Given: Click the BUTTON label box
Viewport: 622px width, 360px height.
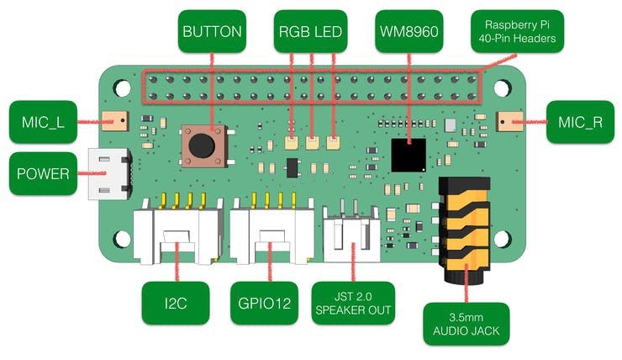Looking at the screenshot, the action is click(x=212, y=31).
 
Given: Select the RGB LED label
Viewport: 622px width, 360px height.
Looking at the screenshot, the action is click(x=310, y=31).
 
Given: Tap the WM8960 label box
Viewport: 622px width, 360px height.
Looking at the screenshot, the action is click(x=409, y=31).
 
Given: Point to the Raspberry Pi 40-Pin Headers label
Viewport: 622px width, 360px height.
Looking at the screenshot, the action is click(x=517, y=31).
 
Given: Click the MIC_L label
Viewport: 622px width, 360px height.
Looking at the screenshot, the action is click(x=43, y=122).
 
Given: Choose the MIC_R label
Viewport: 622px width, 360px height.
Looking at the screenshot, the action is click(x=580, y=122).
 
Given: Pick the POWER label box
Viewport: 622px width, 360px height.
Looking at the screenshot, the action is click(x=43, y=173).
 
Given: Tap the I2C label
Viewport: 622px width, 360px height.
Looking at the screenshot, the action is click(x=176, y=304).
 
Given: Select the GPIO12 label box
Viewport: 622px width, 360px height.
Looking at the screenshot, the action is click(x=264, y=304).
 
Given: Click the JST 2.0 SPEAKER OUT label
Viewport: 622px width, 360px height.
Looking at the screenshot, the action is click(x=353, y=304).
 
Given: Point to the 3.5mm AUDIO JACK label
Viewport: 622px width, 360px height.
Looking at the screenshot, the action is click(x=466, y=324).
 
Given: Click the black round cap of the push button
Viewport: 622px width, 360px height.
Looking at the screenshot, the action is click(x=202, y=146).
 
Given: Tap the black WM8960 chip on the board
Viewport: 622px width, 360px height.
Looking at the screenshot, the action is click(x=409, y=156).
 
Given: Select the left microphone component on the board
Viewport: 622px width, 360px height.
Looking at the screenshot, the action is click(x=115, y=120).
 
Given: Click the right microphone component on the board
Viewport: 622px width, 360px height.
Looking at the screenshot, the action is click(x=509, y=121).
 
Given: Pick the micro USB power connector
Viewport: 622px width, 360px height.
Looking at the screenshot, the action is click(x=109, y=174).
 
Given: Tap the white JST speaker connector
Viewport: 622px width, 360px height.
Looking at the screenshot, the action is click(x=351, y=234).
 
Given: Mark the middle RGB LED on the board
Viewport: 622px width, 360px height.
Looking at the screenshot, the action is click(x=312, y=143).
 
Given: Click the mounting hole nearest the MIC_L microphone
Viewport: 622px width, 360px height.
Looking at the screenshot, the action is click(x=122, y=88).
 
